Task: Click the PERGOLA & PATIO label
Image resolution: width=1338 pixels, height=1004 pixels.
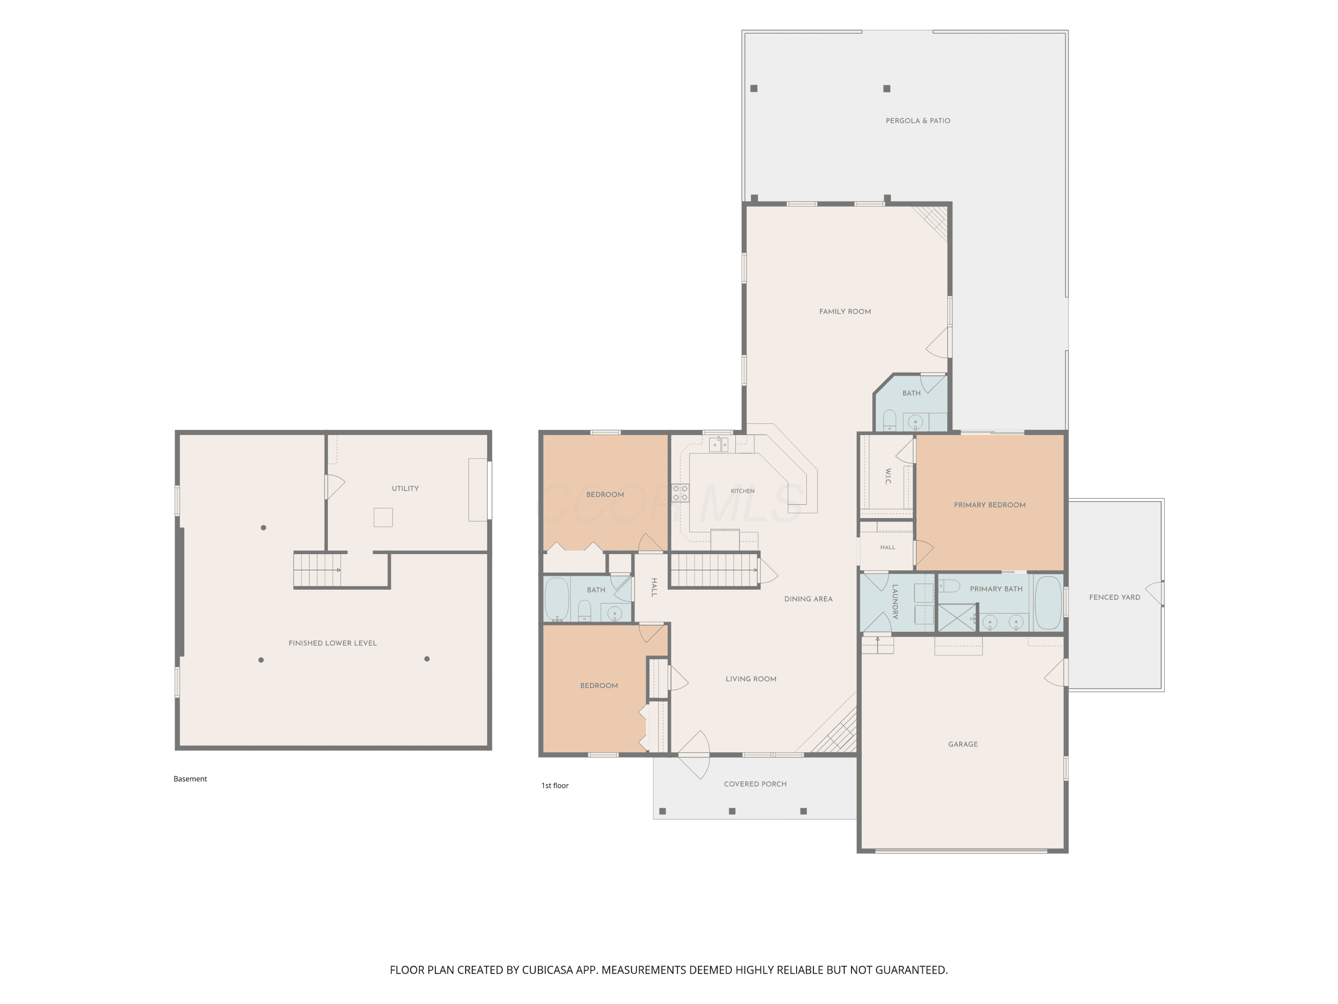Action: pyautogui.click(x=917, y=121)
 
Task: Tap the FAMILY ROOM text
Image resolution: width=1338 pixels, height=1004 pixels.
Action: pyautogui.click(x=845, y=311)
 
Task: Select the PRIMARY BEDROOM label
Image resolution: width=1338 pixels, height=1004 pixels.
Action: pyautogui.click(x=990, y=505)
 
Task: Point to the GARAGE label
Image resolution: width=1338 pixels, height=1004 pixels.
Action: pyautogui.click(x=963, y=744)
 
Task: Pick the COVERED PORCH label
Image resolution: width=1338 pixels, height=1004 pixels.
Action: pyautogui.click(x=755, y=784)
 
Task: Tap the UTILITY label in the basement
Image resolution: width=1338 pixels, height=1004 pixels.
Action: pyautogui.click(x=405, y=488)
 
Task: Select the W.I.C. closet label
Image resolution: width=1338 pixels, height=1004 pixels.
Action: pyautogui.click(x=888, y=476)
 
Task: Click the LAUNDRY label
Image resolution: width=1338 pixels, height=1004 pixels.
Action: pyautogui.click(x=895, y=601)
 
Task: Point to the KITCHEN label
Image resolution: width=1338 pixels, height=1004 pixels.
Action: pyautogui.click(x=742, y=491)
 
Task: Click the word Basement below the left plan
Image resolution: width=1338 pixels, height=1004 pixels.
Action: pyautogui.click(x=190, y=779)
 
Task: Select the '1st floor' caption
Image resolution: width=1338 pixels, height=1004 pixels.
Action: pyautogui.click(x=555, y=785)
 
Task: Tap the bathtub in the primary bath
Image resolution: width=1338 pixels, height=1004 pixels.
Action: pyautogui.click(x=1048, y=603)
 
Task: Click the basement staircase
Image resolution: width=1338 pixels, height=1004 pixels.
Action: pyautogui.click(x=317, y=569)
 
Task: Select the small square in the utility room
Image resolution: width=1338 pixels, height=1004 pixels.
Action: pyautogui.click(x=383, y=518)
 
